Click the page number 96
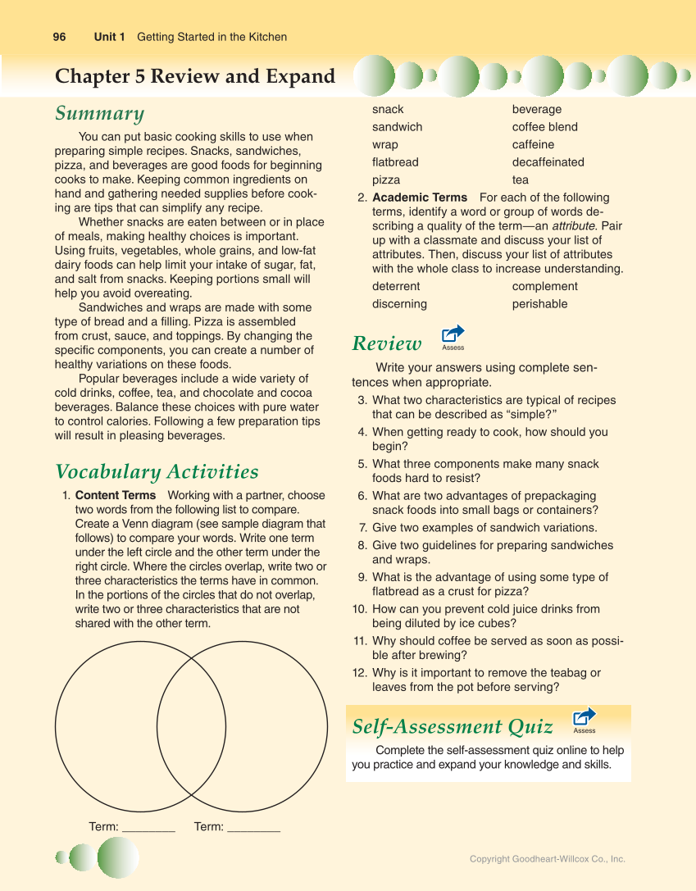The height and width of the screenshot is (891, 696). pyautogui.click(x=59, y=37)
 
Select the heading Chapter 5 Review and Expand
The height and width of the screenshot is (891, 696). pyautogui.click(x=195, y=76)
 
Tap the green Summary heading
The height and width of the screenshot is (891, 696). pyautogui.click(x=99, y=113)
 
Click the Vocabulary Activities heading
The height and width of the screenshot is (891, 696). pyautogui.click(x=157, y=471)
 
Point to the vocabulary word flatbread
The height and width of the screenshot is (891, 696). pyautogui.click(x=395, y=162)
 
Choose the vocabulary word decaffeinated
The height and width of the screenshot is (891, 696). pyautogui.click(x=548, y=162)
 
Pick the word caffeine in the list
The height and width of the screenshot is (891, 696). pyautogui.click(x=533, y=144)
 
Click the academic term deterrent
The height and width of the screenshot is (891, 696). pyautogui.click(x=396, y=286)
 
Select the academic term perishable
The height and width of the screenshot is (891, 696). pyautogui.click(x=539, y=304)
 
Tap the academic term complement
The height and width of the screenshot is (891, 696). pyautogui.click(x=545, y=286)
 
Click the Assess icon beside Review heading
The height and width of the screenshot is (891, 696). pyautogui.click(x=453, y=335)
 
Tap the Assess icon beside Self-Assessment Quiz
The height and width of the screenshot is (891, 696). pyautogui.click(x=585, y=719)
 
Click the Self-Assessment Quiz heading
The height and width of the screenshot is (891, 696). pyautogui.click(x=452, y=727)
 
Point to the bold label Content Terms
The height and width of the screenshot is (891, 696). pyautogui.click(x=116, y=495)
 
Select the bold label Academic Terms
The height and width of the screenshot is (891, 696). pyautogui.click(x=420, y=198)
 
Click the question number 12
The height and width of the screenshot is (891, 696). pyautogui.click(x=359, y=673)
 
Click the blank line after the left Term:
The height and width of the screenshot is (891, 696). pyautogui.click(x=148, y=828)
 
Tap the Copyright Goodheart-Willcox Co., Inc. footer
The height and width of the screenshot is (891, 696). pyautogui.click(x=547, y=859)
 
